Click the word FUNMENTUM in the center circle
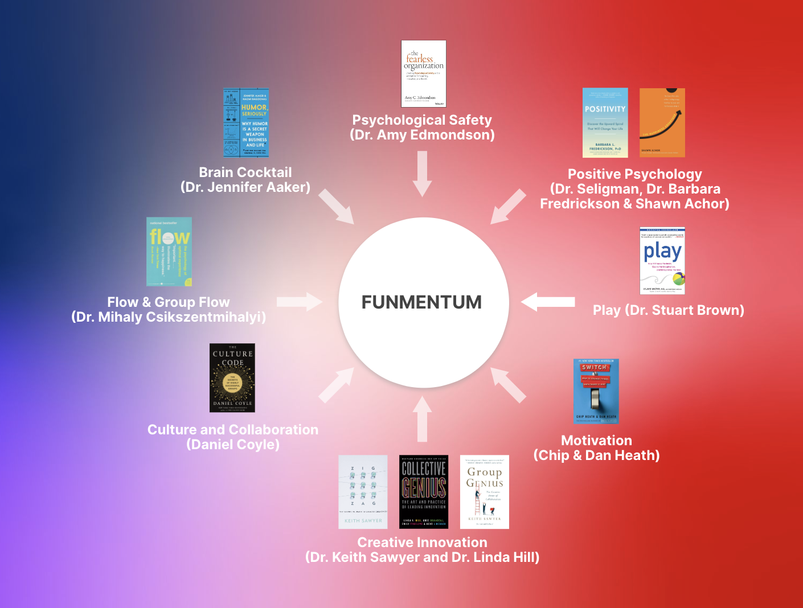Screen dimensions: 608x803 coord(421,302)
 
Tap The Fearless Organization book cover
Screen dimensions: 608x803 coord(423,73)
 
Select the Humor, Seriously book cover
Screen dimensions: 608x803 coord(246,122)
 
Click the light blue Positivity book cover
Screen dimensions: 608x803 coord(605,122)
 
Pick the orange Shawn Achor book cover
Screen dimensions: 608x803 coord(662,122)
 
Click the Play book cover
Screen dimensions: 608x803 coord(662,261)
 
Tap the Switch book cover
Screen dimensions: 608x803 coord(596,391)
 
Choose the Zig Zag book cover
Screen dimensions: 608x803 coord(363,492)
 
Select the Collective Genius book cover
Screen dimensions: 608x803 coord(424,492)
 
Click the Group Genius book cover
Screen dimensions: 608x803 coord(485,492)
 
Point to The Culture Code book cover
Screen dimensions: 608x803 coord(232,377)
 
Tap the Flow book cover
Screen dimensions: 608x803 coord(169,252)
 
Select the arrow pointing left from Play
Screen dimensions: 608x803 coord(547,302)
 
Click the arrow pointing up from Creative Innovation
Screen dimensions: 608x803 coord(422,418)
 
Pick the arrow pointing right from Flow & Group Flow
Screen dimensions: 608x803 coord(300,302)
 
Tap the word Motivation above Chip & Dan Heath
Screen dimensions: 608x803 coord(596,441)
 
